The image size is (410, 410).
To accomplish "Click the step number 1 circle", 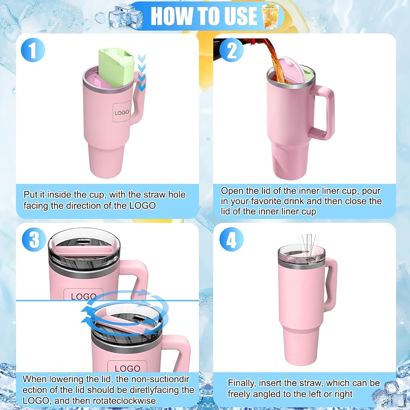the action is [x=33, y=50].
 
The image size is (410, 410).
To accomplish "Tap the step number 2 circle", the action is [x=231, y=50].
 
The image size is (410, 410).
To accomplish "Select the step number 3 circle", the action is [x=34, y=239].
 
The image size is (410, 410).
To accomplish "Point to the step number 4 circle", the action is [x=231, y=239].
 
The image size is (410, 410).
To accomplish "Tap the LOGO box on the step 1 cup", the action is [x=122, y=112].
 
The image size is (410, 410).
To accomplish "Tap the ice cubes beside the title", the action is [x=125, y=16].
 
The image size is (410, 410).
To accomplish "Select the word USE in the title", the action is [x=240, y=16].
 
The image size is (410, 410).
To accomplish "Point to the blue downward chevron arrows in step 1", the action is [x=141, y=73].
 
